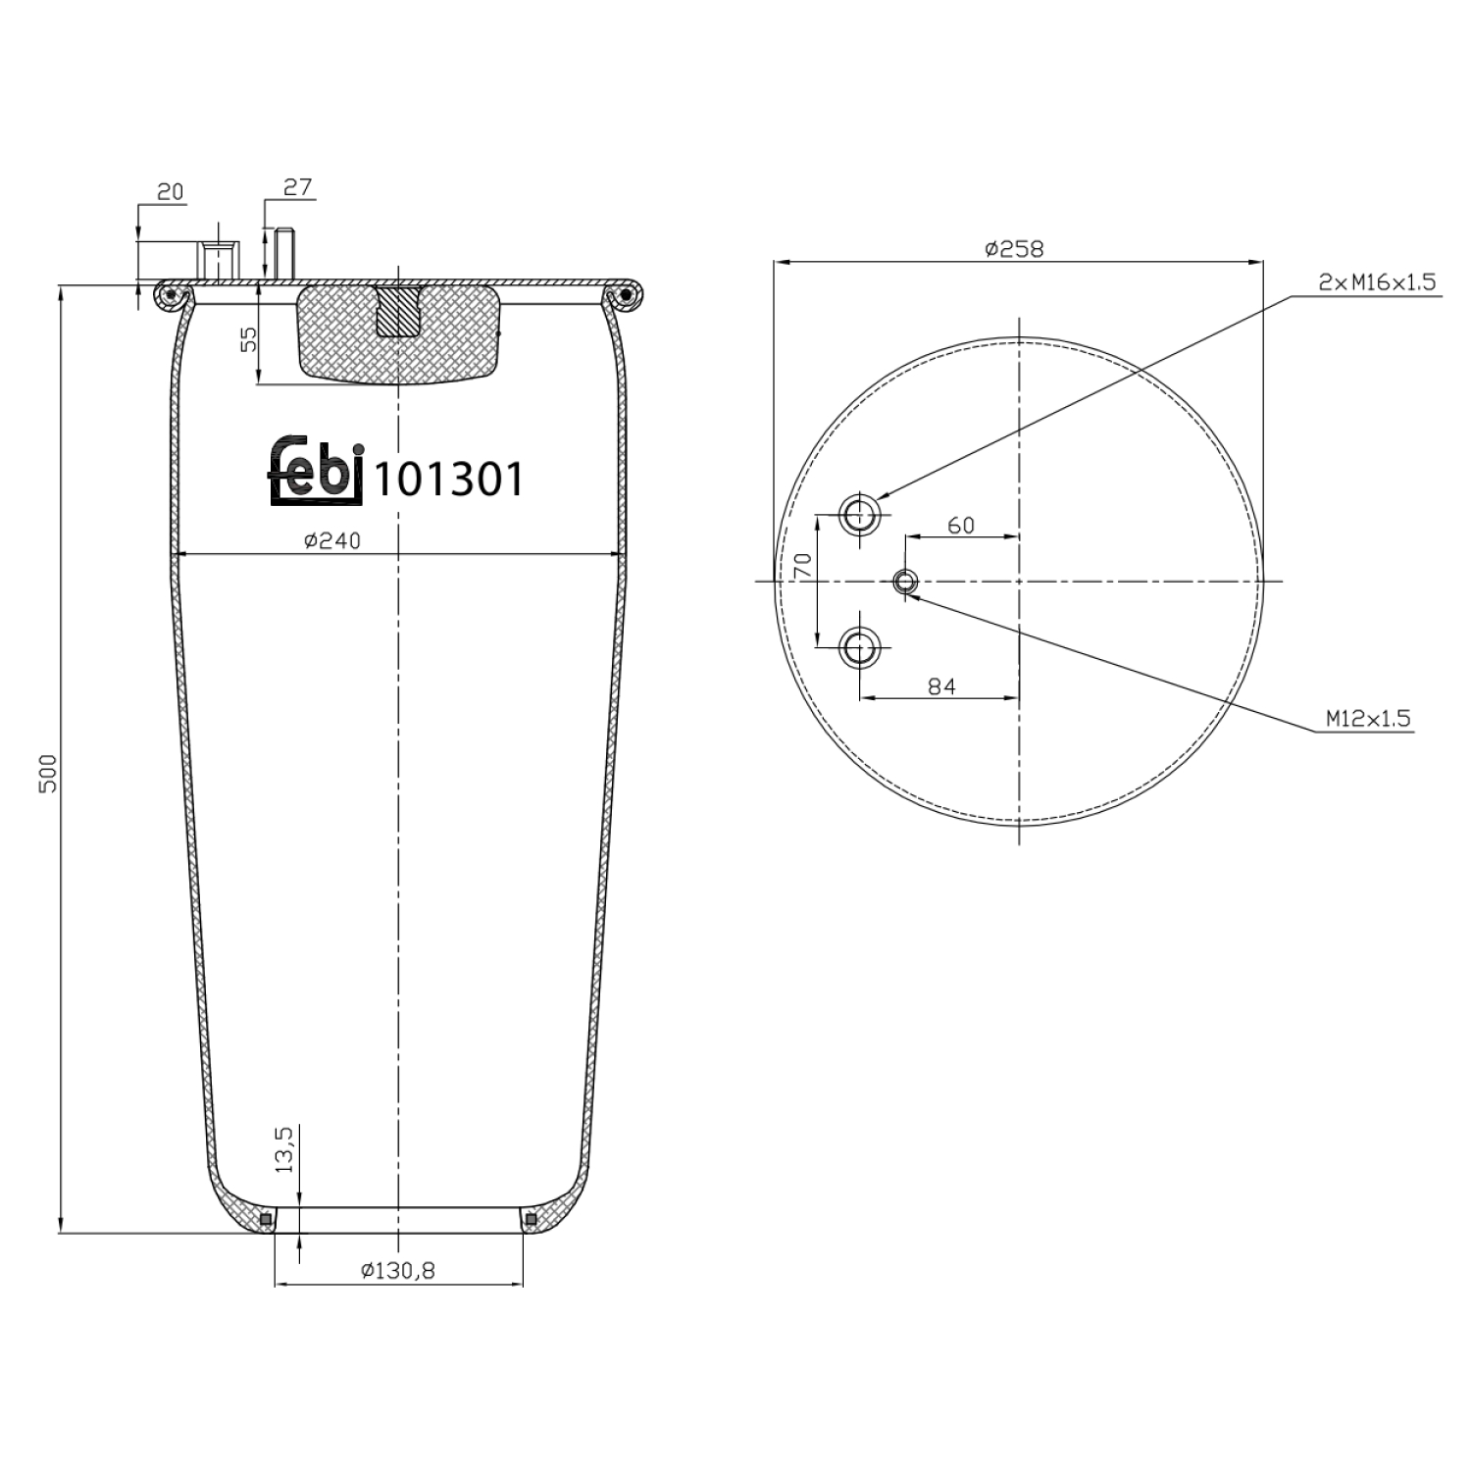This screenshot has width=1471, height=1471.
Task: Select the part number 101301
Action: [x=450, y=481]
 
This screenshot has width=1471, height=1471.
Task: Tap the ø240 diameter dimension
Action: [x=332, y=540]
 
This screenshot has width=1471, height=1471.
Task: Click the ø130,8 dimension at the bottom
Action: [x=398, y=1271]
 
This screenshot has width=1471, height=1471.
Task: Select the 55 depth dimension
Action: [x=249, y=339]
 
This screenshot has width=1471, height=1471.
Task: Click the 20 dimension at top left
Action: [x=171, y=191]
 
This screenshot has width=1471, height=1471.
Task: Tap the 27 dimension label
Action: [x=297, y=186]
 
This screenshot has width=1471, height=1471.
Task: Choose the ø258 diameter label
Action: [x=1015, y=249]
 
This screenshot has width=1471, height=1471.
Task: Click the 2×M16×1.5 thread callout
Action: [x=1377, y=283]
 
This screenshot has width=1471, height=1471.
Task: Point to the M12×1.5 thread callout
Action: [x=1368, y=719]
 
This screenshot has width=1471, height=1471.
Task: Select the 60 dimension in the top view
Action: [x=961, y=526]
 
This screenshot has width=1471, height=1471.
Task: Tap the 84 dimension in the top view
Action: [x=941, y=686]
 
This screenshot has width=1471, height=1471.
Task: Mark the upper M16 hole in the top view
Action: [x=860, y=512]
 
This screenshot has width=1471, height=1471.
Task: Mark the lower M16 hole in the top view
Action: [x=860, y=647]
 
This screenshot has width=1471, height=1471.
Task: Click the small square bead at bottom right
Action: [x=531, y=1219]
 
